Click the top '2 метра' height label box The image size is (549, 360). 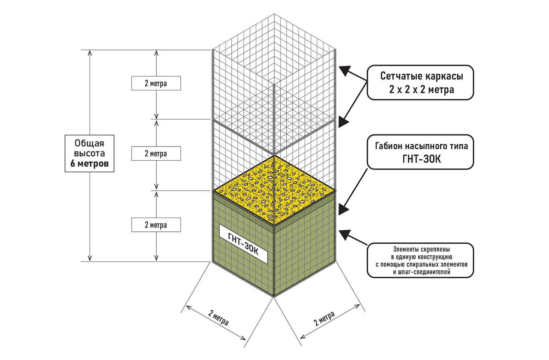click(x=156, y=83)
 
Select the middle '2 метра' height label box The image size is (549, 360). click(x=156, y=153)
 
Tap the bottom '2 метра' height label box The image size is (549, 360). click(x=156, y=224)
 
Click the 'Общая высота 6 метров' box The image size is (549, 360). click(x=89, y=153)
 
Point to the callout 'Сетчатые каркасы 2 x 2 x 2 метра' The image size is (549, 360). click(x=420, y=82)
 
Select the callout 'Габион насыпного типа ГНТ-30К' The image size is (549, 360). click(x=420, y=152)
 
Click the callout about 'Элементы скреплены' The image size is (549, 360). click(x=420, y=260)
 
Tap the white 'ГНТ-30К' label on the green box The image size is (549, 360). click(x=243, y=244)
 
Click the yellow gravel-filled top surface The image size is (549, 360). click(x=274, y=190)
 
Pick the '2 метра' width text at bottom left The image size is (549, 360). click(x=219, y=318)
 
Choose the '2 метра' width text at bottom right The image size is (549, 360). click(x=324, y=319)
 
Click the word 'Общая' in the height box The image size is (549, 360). click(x=89, y=143)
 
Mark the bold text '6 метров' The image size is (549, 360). click(x=89, y=164)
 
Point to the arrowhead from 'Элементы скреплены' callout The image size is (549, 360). click(x=345, y=234)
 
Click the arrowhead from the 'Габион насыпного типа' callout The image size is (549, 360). click(x=344, y=209)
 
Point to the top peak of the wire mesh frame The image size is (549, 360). click(x=274, y=14)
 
